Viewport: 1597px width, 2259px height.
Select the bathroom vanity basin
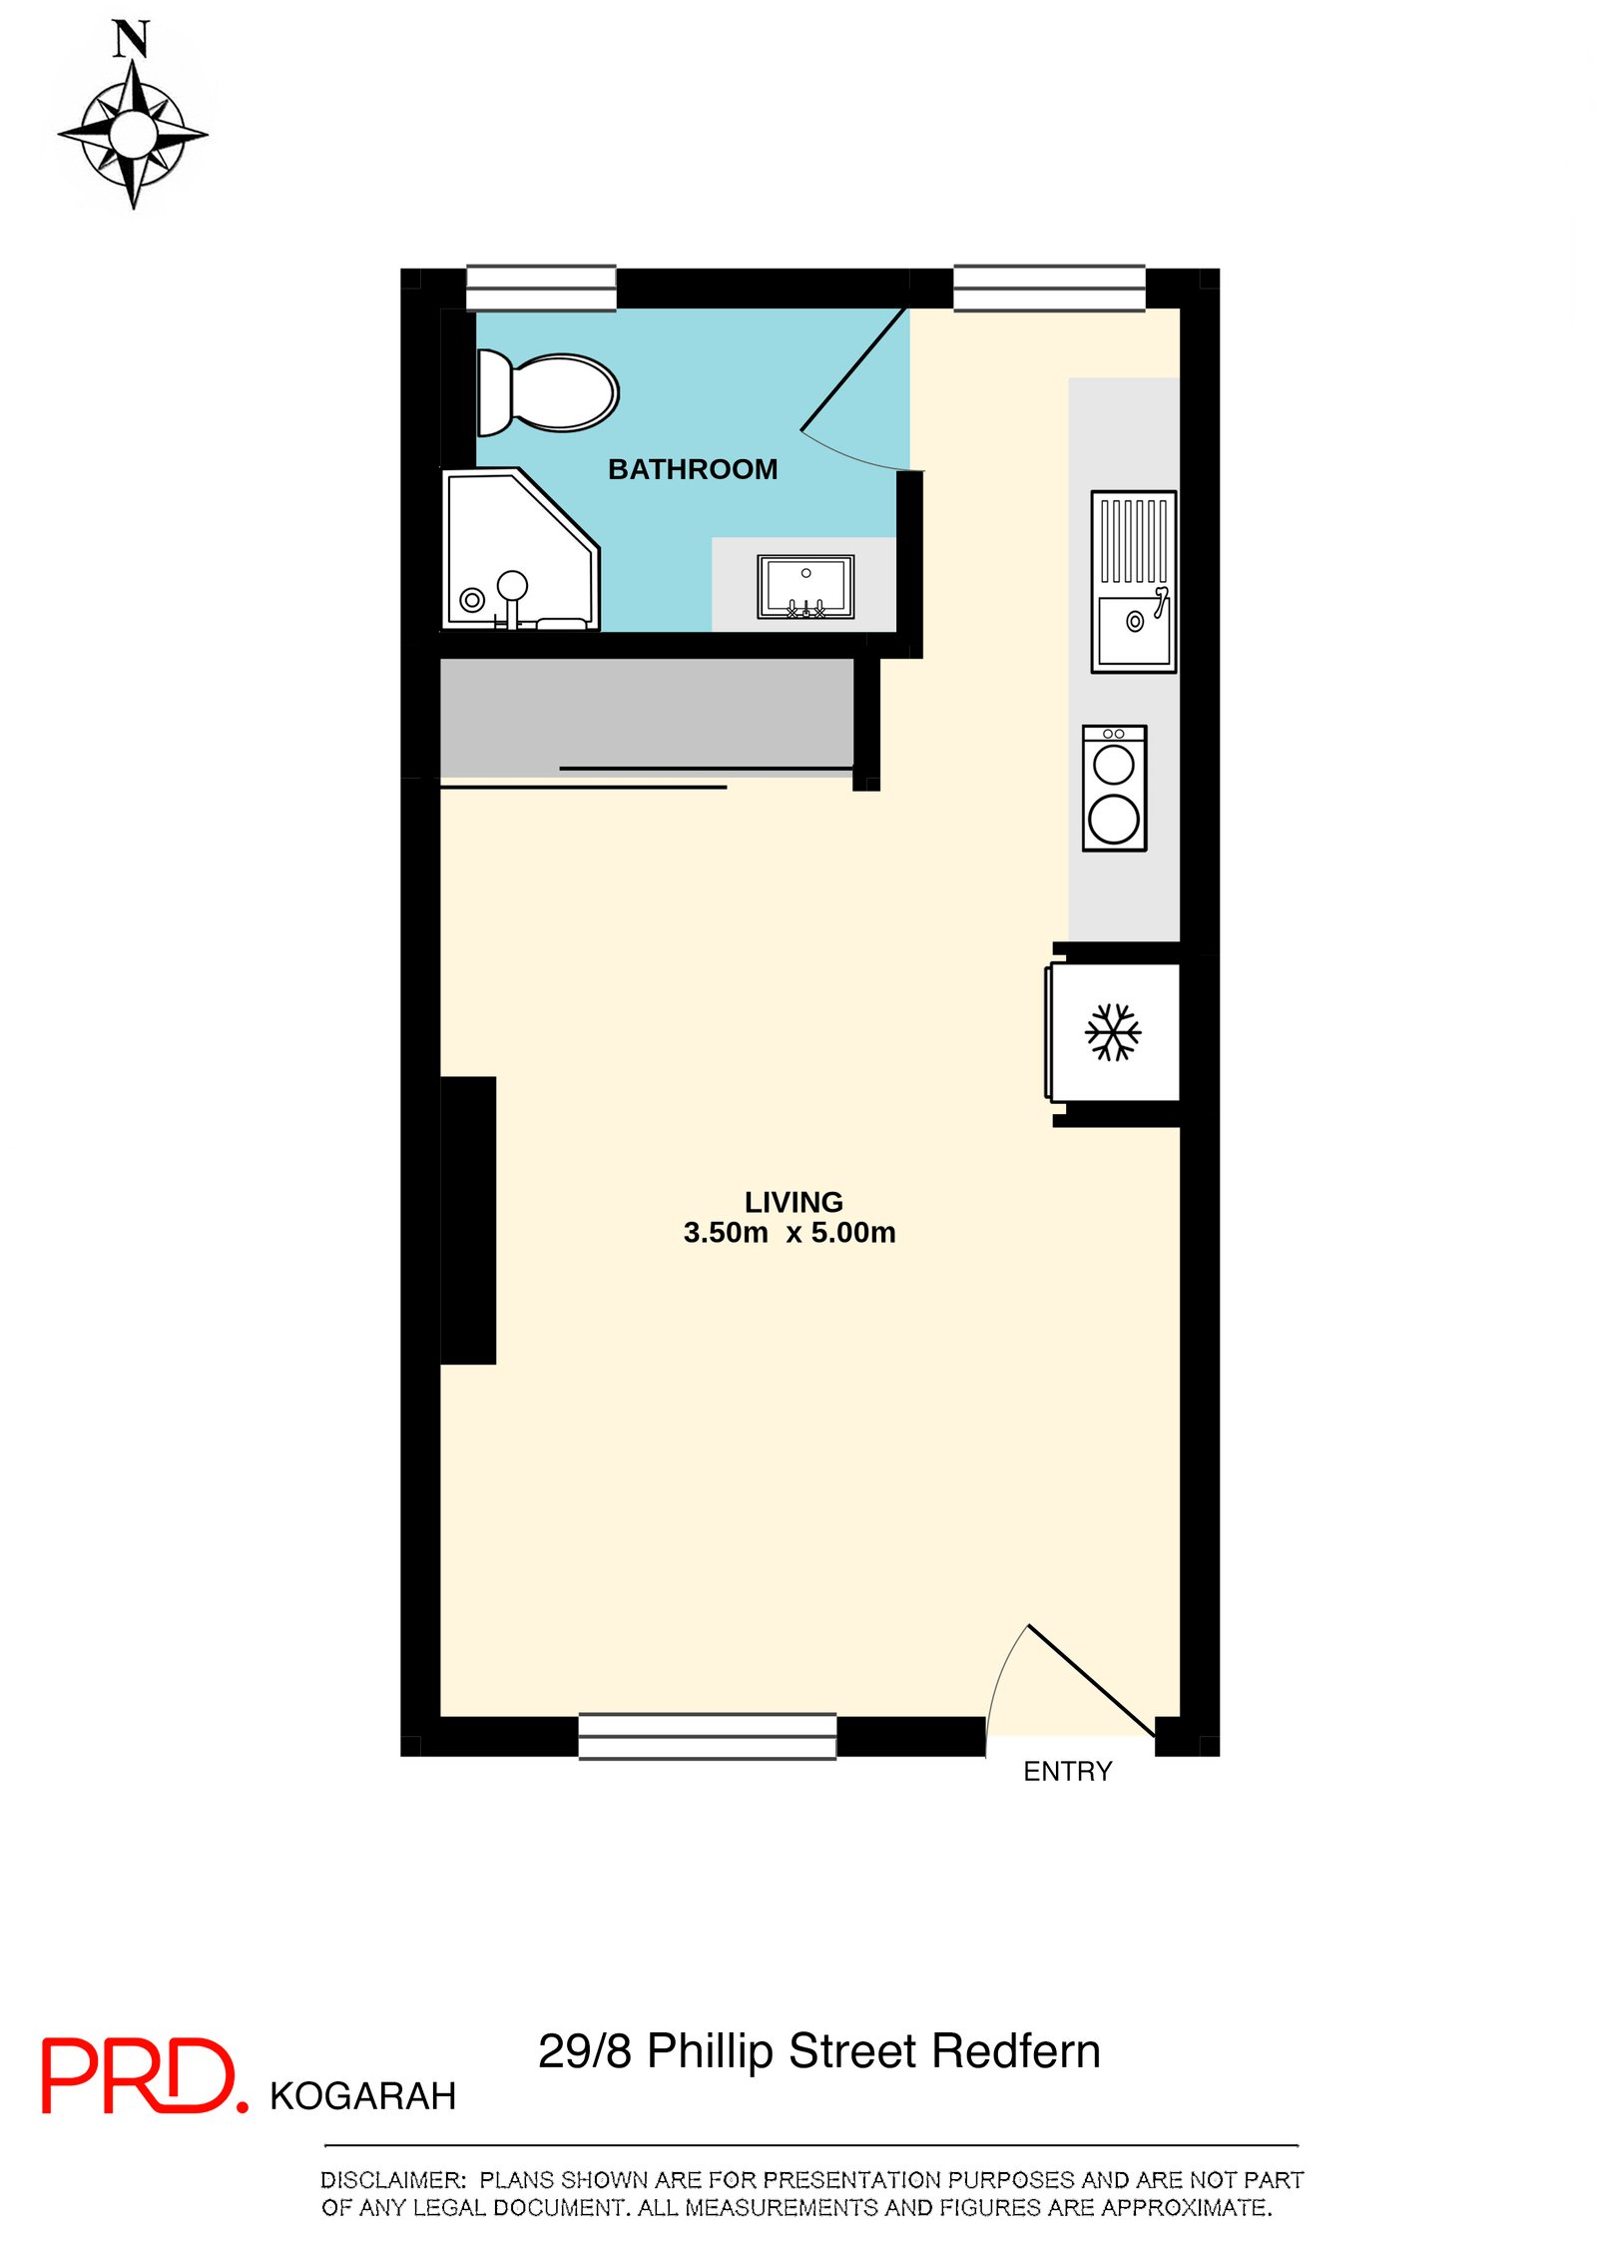pyautogui.click(x=805, y=586)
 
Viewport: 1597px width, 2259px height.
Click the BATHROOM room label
pyautogui.click(x=693, y=469)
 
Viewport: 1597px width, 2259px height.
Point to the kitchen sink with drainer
pyautogui.click(x=1133, y=582)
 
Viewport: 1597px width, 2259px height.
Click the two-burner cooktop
pyautogui.click(x=1114, y=788)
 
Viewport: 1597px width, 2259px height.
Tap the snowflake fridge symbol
pyautogui.click(x=1113, y=1031)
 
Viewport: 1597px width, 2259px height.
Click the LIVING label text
pyautogui.click(x=794, y=1202)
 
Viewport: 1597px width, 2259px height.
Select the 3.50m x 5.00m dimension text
pyautogui.click(x=790, y=1233)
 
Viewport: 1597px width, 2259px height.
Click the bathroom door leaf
pyautogui.click(x=854, y=369)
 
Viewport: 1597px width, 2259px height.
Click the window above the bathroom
pyautogui.click(x=541, y=287)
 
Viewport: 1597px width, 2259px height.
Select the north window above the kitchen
pyautogui.click(x=1049, y=287)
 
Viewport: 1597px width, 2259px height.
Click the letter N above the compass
pyautogui.click(x=131, y=40)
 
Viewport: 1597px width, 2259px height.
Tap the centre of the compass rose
pyautogui.click(x=133, y=133)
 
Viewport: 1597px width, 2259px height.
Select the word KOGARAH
pyautogui.click(x=362, y=2096)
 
